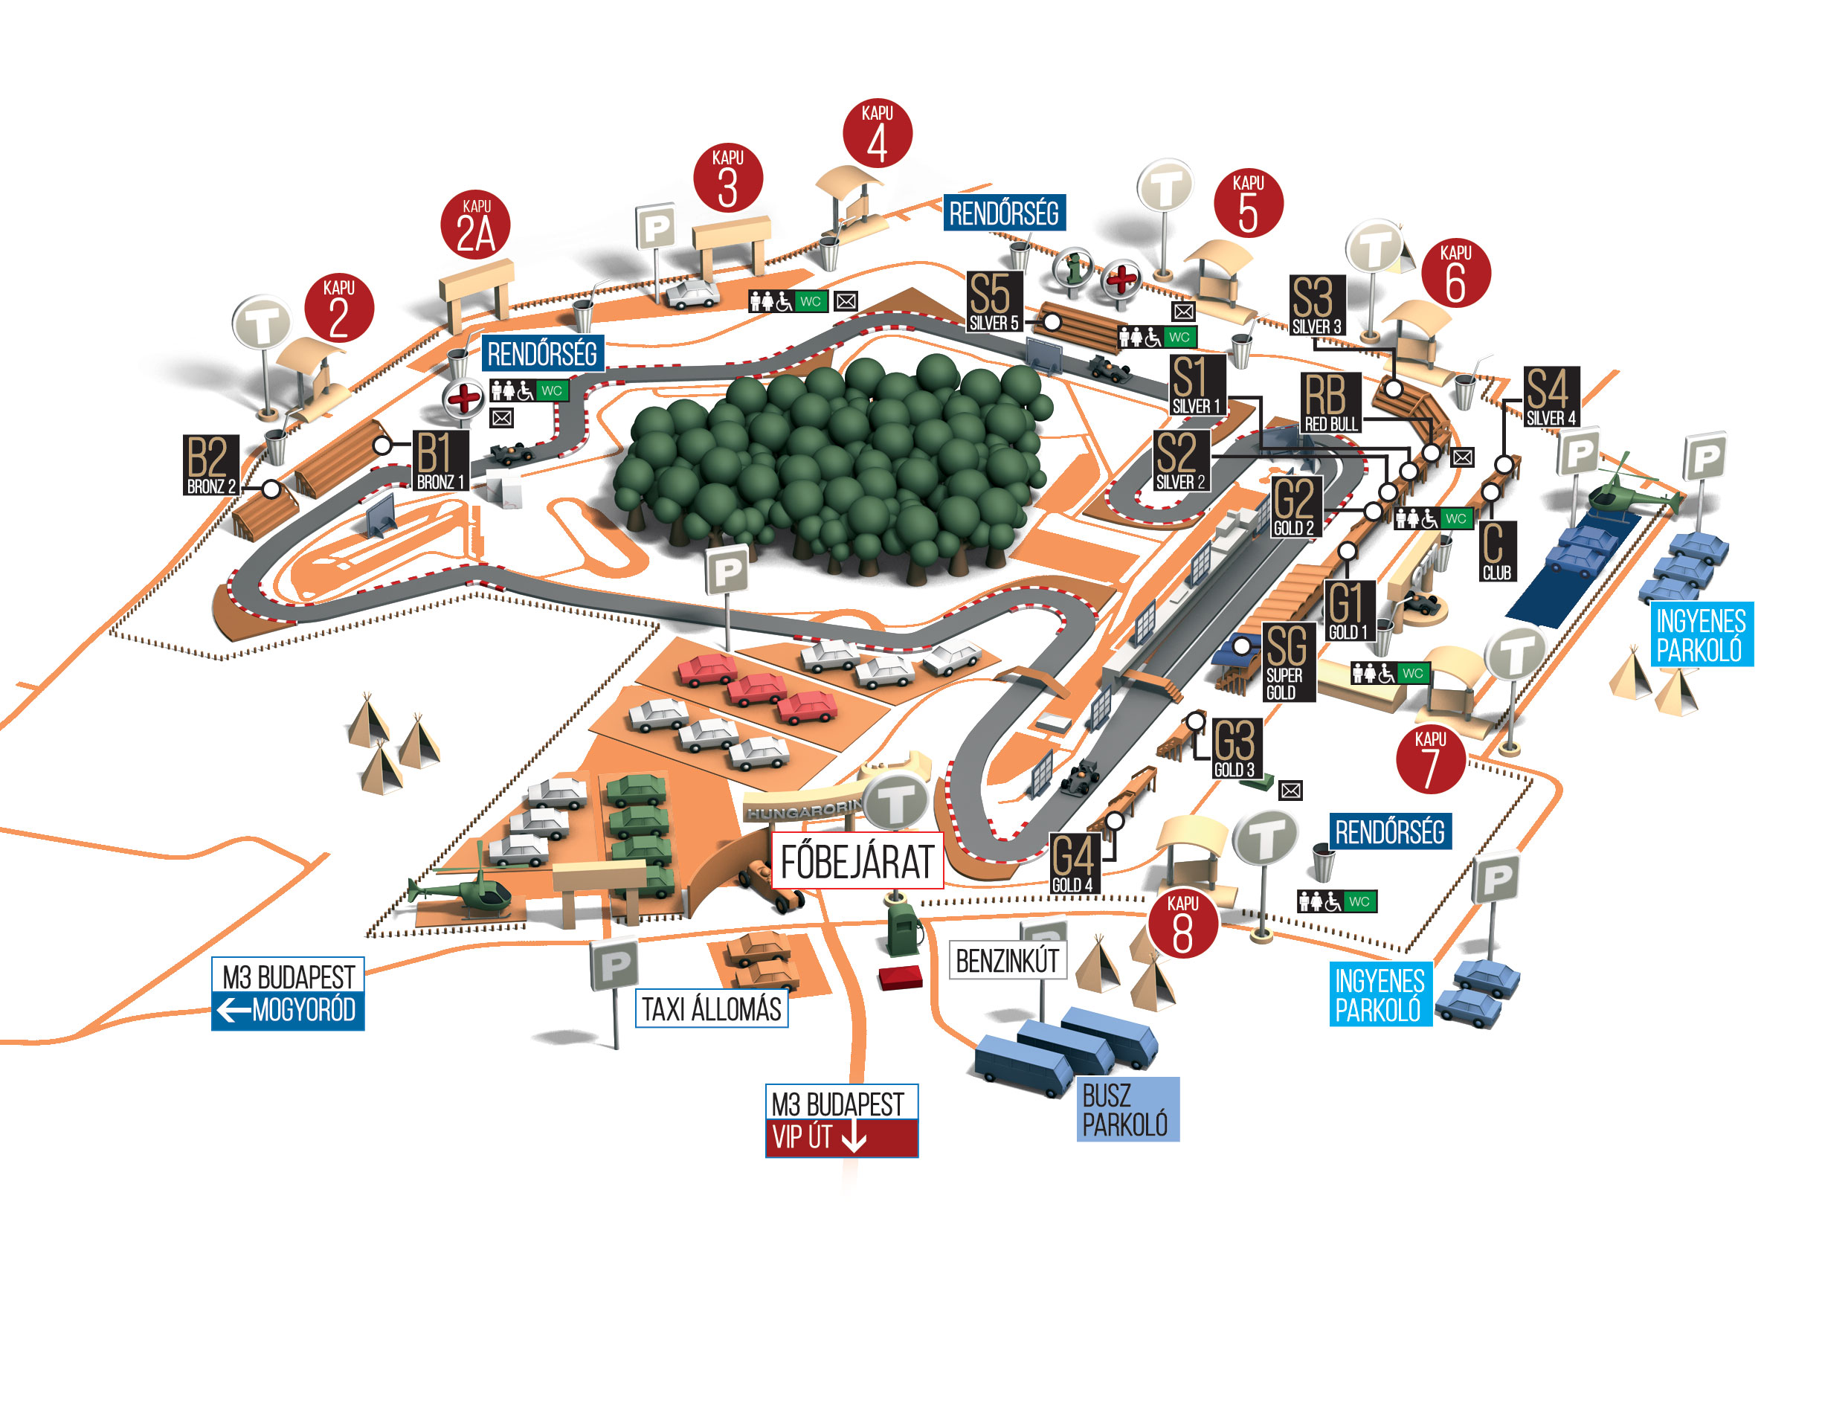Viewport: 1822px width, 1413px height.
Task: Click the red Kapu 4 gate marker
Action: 877,133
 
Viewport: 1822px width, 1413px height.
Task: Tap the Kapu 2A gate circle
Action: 475,225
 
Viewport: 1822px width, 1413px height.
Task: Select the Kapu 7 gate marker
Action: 1431,759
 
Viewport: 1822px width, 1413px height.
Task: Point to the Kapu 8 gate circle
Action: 1183,924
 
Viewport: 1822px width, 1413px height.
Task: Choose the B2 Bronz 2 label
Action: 211,465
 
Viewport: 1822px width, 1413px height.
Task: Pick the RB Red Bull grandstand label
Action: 1330,403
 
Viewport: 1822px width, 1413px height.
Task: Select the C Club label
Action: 1496,551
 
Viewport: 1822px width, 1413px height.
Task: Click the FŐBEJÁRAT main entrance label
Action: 857,860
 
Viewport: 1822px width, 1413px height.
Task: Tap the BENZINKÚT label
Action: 1008,961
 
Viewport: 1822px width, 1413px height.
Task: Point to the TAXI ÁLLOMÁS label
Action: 712,1009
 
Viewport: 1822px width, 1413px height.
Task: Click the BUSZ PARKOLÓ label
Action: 1127,1110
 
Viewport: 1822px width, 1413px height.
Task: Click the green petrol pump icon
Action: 903,924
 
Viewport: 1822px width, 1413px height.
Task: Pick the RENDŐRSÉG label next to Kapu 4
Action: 1005,213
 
